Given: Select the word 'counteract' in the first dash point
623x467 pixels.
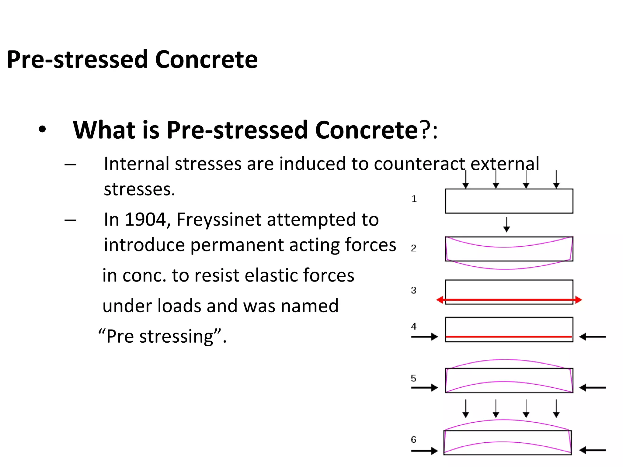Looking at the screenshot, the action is point(419,164).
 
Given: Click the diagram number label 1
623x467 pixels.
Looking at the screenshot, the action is point(414,199).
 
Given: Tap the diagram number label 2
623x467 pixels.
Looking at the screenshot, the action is point(413,248).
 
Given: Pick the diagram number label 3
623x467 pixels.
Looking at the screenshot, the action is point(413,290).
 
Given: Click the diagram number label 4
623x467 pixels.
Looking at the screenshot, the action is point(413,326).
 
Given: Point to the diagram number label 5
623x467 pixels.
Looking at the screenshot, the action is point(413,378).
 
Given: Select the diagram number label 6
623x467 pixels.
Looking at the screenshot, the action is point(413,439).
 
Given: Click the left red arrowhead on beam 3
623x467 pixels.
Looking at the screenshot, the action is point(440,300).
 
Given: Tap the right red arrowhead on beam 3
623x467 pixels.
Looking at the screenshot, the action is point(578,300).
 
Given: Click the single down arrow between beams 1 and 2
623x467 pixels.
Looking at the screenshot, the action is point(506,225).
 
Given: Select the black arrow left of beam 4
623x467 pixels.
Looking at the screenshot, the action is point(425,337).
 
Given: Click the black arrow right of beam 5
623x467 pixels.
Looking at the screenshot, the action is point(592,388).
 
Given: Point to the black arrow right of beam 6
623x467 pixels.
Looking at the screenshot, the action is point(592,450).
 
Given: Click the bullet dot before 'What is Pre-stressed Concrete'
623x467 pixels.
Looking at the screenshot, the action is point(42,130).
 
